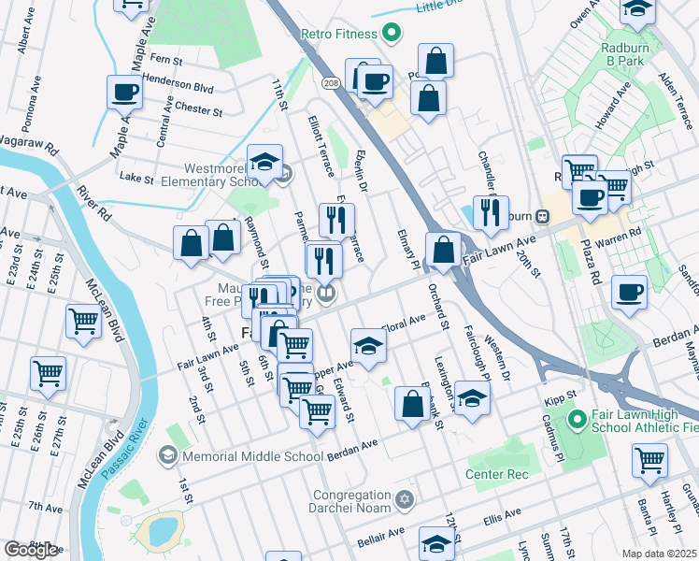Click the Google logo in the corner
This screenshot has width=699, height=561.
31,550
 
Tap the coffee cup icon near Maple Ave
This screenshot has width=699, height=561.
124,93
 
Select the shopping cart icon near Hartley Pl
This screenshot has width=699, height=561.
649,459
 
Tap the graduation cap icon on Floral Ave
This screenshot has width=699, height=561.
369,346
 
